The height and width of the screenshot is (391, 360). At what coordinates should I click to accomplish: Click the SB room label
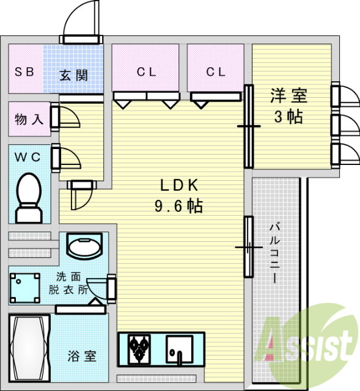pos(24,72)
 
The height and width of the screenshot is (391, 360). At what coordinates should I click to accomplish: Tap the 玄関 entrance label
pos(73,75)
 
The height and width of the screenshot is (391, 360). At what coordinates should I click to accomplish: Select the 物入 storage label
pos(29,119)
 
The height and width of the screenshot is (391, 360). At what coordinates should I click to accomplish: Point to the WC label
pos(28,157)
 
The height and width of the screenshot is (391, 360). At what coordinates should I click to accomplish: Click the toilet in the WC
pos(29,198)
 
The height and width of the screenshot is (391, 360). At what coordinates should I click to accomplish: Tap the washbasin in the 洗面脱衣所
pos(85,246)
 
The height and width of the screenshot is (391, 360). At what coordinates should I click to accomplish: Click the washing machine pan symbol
pos(25,288)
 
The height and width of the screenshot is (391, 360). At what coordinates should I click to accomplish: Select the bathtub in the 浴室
pos(30,348)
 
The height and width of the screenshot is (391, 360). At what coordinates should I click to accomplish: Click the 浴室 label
pos(82,356)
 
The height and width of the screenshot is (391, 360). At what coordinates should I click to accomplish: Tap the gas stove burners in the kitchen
pos(139,349)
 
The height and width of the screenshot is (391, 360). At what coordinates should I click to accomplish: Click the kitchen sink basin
pos(180,349)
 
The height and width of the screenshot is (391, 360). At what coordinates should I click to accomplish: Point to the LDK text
pos(179,185)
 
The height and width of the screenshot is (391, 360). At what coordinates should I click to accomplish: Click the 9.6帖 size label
pos(178,206)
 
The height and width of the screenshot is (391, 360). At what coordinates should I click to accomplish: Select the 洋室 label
pos(289,96)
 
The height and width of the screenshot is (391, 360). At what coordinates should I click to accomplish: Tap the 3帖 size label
pos(288,117)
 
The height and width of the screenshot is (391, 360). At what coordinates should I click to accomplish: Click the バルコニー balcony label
pos(274,253)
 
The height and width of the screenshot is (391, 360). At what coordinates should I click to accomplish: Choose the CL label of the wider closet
pos(147,72)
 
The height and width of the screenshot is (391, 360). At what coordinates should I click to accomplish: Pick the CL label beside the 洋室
pos(216,72)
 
